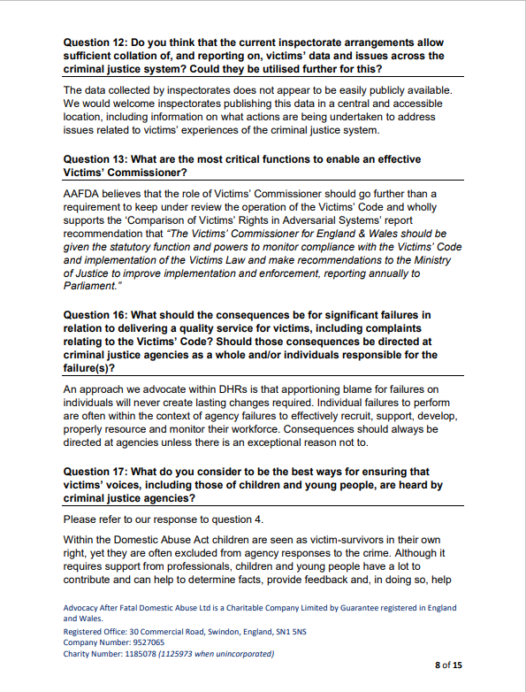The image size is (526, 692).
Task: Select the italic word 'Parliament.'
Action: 91,286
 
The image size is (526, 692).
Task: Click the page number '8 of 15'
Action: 448,664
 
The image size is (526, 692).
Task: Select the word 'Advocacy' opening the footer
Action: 82,608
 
